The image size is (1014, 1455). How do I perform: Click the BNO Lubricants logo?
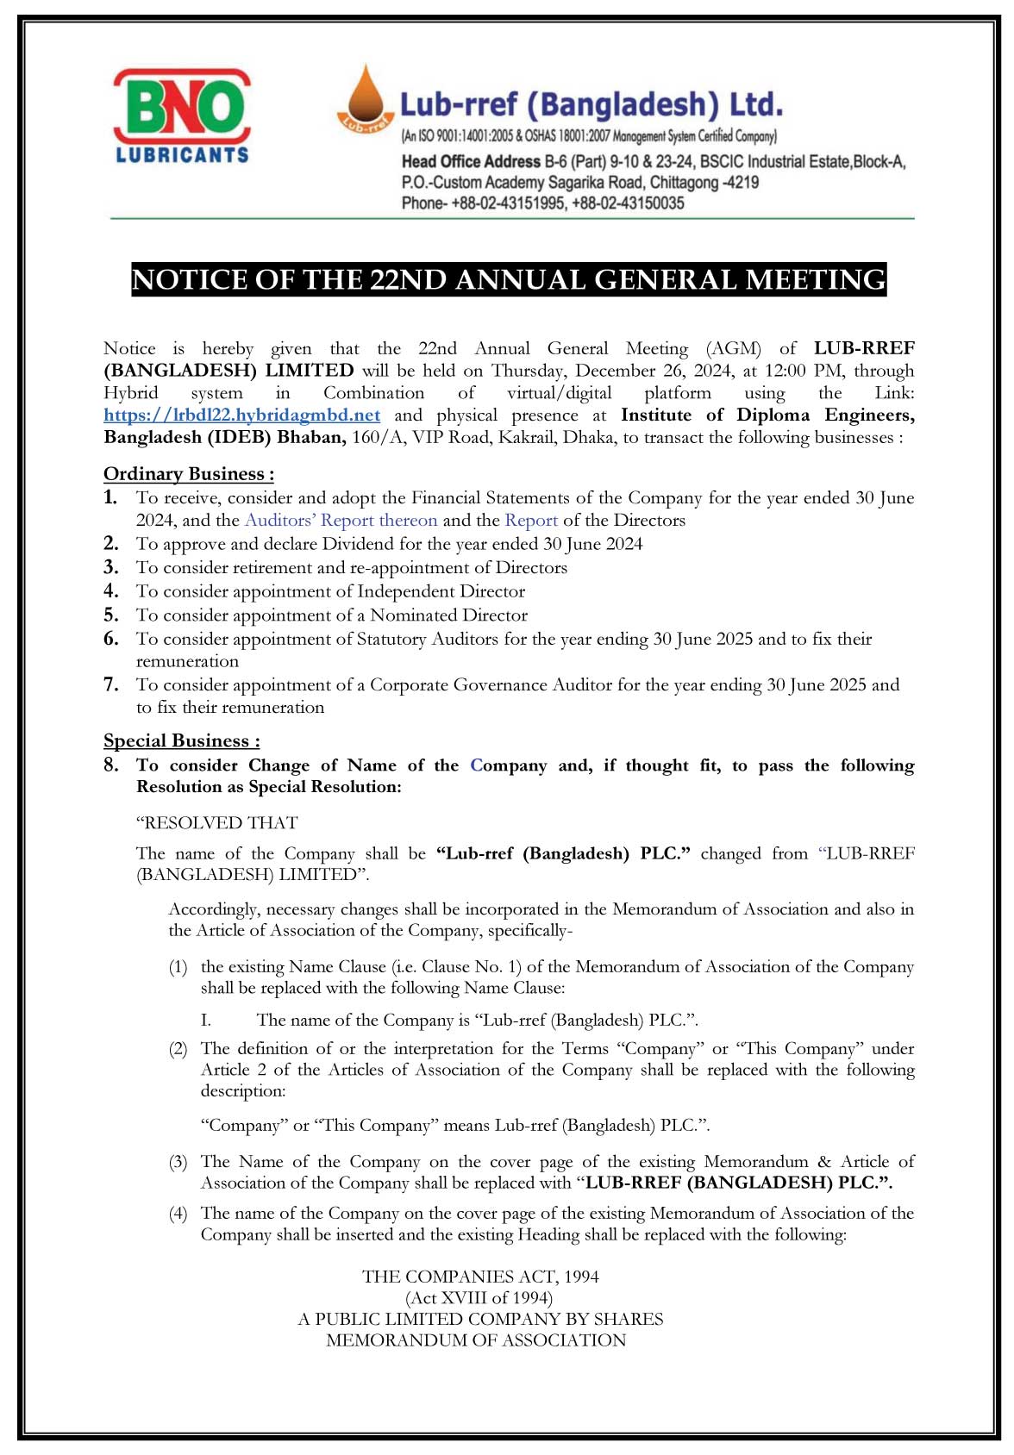182,117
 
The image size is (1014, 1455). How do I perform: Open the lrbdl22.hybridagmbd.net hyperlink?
241,415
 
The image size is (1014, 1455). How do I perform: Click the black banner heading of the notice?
509,280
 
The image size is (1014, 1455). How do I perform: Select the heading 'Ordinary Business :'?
189,474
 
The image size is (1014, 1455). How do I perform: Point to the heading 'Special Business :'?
182,741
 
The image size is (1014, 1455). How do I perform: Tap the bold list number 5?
111,615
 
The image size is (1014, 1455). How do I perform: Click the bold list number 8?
111,765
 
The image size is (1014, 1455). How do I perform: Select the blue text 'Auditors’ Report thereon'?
341,521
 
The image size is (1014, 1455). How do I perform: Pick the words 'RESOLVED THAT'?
217,823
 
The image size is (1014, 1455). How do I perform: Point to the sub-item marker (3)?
178,1163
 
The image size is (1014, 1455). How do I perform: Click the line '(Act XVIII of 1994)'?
479,1298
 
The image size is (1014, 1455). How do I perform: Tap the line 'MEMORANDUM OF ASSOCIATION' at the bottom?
476,1340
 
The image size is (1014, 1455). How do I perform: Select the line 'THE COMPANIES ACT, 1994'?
480,1277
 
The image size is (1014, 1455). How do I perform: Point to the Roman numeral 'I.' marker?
206,1021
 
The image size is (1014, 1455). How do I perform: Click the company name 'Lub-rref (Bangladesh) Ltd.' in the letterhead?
591,105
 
